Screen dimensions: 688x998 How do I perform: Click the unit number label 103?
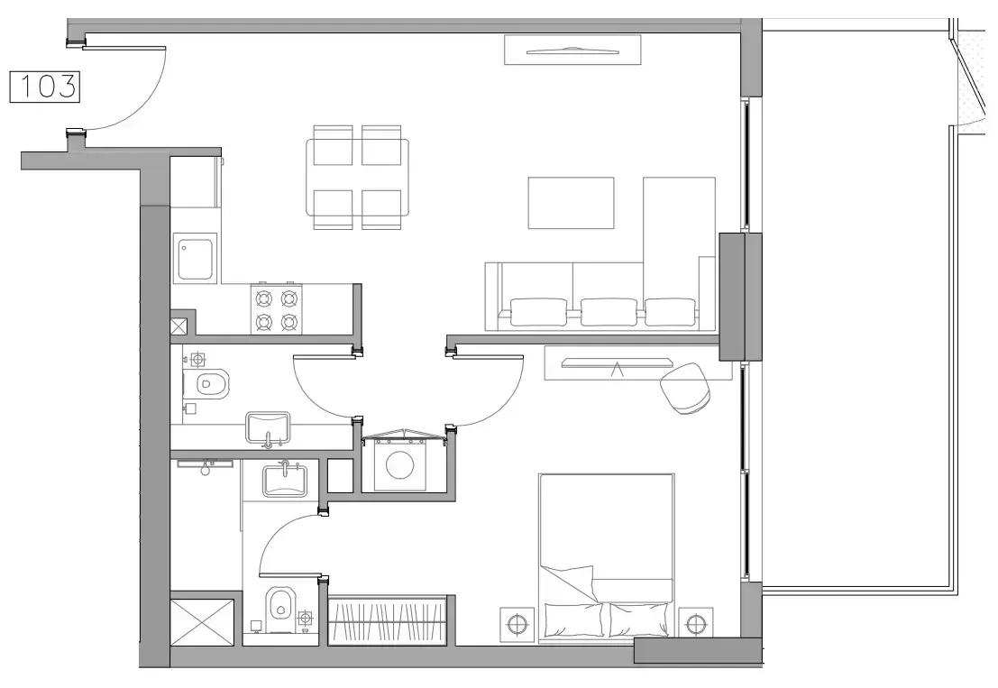click(x=44, y=87)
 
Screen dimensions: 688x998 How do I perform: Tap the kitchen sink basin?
click(x=195, y=258)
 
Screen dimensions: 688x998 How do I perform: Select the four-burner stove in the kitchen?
click(x=276, y=309)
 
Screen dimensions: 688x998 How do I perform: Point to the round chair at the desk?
click(x=686, y=388)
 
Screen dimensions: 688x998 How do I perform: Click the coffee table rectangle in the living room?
click(x=571, y=203)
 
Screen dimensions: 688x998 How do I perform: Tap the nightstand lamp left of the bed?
click(x=516, y=623)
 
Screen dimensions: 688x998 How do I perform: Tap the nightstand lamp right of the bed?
click(x=694, y=623)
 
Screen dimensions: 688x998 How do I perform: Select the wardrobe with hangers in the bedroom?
click(x=389, y=620)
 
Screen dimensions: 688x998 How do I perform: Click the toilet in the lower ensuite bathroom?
click(x=279, y=605)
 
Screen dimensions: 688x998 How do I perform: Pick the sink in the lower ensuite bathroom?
click(x=286, y=480)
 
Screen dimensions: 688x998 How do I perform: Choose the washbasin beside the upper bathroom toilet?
click(x=269, y=427)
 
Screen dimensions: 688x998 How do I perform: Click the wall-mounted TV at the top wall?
click(x=572, y=50)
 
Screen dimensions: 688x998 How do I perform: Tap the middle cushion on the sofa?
click(x=609, y=311)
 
